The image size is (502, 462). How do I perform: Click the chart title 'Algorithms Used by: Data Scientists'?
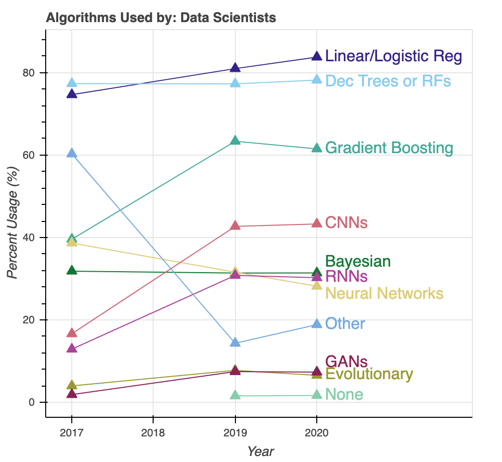pos(161,18)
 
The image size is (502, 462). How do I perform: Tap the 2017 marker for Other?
pos(72,153)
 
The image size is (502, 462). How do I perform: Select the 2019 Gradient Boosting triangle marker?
pos(235,141)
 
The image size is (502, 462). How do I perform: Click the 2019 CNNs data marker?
pos(235,226)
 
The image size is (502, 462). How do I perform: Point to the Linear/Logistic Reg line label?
pos(393,56)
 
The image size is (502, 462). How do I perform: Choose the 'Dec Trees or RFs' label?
pos(388,81)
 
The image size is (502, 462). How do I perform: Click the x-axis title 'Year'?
pos(261,451)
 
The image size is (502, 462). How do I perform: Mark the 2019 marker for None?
pos(235,395)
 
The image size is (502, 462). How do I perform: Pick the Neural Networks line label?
pos(384,293)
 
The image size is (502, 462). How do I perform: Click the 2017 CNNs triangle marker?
pos(72,333)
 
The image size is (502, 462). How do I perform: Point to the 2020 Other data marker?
pos(317,324)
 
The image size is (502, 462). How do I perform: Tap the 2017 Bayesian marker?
pos(72,271)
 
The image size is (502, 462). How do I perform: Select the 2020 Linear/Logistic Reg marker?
pos(317,57)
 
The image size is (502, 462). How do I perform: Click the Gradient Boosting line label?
pos(389,148)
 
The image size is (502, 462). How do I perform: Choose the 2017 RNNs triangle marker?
pos(72,348)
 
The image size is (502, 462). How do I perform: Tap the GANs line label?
pos(346,362)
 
